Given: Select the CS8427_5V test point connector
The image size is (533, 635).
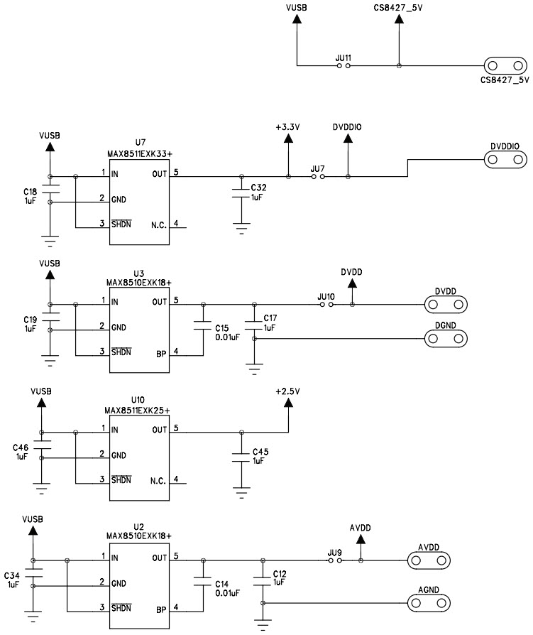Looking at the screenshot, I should point(503,66).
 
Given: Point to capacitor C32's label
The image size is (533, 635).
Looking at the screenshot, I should point(258,187).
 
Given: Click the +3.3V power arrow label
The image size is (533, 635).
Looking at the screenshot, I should point(288,127).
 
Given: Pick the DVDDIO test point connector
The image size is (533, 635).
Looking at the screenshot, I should point(505,160).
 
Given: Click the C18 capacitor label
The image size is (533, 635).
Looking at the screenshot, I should point(31,191).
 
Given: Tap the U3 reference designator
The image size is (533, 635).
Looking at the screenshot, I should point(139,273).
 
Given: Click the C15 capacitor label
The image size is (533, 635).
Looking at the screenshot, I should point(222,327).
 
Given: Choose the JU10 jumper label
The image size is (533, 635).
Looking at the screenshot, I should point(326,296).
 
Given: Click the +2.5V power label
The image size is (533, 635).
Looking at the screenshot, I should point(288,391).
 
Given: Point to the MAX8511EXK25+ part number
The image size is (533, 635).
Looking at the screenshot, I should point(138,411).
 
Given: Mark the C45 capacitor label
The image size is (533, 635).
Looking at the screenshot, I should point(258,452).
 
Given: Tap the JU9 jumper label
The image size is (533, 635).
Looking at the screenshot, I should point(334,551).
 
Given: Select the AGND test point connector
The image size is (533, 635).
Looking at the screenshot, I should point(429,603).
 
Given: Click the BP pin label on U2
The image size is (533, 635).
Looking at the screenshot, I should point(160,609).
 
